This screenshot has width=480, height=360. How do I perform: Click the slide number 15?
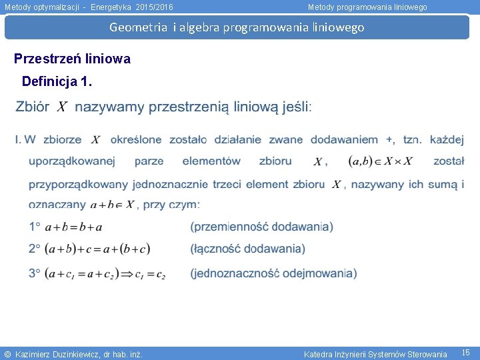[x=466, y=352]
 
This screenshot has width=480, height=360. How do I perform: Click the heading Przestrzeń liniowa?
[x=72, y=59]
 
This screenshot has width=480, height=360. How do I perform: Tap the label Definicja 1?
[x=57, y=81]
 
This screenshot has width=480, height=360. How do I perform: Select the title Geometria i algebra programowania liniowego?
[x=237, y=27]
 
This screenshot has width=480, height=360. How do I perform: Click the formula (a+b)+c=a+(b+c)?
[x=97, y=249]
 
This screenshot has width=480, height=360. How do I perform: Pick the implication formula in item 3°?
[x=105, y=273]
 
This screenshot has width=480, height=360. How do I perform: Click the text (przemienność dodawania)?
[x=261, y=227]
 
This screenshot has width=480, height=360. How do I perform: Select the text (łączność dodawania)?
[x=247, y=249]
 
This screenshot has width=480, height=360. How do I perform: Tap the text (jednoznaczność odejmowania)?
[x=273, y=273]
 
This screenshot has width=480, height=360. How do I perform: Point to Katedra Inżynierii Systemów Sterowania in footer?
[x=375, y=354]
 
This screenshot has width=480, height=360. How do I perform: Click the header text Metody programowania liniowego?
[x=367, y=7]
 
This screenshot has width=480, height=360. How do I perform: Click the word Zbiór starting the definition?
[x=31, y=107]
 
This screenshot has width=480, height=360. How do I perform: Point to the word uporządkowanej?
[x=72, y=161]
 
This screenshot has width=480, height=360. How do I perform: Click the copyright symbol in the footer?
[x=7, y=354]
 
